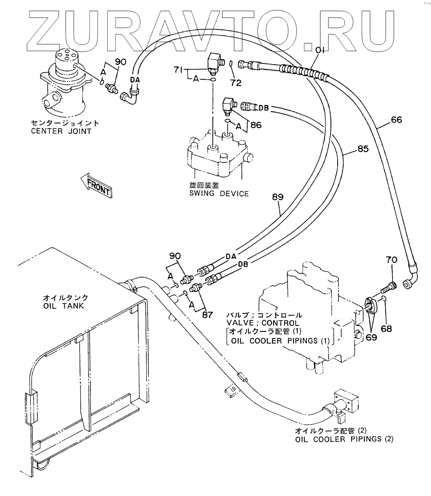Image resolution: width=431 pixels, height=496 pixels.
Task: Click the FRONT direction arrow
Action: coord(96,185)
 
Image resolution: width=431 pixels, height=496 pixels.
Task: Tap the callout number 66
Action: coord(396,120)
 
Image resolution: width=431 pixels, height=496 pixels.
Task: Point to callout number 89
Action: coord(278,196)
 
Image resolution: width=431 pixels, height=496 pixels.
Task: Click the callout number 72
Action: coord(236,83)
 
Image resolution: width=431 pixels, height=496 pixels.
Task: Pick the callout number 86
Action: coord(256,124)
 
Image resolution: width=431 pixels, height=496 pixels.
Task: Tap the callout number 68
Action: coord(386,328)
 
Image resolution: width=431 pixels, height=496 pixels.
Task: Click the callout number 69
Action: coord(371,336)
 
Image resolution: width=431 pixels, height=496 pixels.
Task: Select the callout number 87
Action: coord(207,314)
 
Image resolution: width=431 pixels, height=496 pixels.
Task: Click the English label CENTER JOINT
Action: coord(61,131)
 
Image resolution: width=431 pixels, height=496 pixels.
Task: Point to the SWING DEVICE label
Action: coord(219,194)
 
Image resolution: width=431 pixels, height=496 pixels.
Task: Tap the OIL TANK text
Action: coord(63,305)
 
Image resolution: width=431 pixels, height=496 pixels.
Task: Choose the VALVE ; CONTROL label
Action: coord(263,323)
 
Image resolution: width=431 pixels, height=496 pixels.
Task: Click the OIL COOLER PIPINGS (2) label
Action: coord(344,439)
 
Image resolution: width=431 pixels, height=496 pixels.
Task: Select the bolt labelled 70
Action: coord(387,289)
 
